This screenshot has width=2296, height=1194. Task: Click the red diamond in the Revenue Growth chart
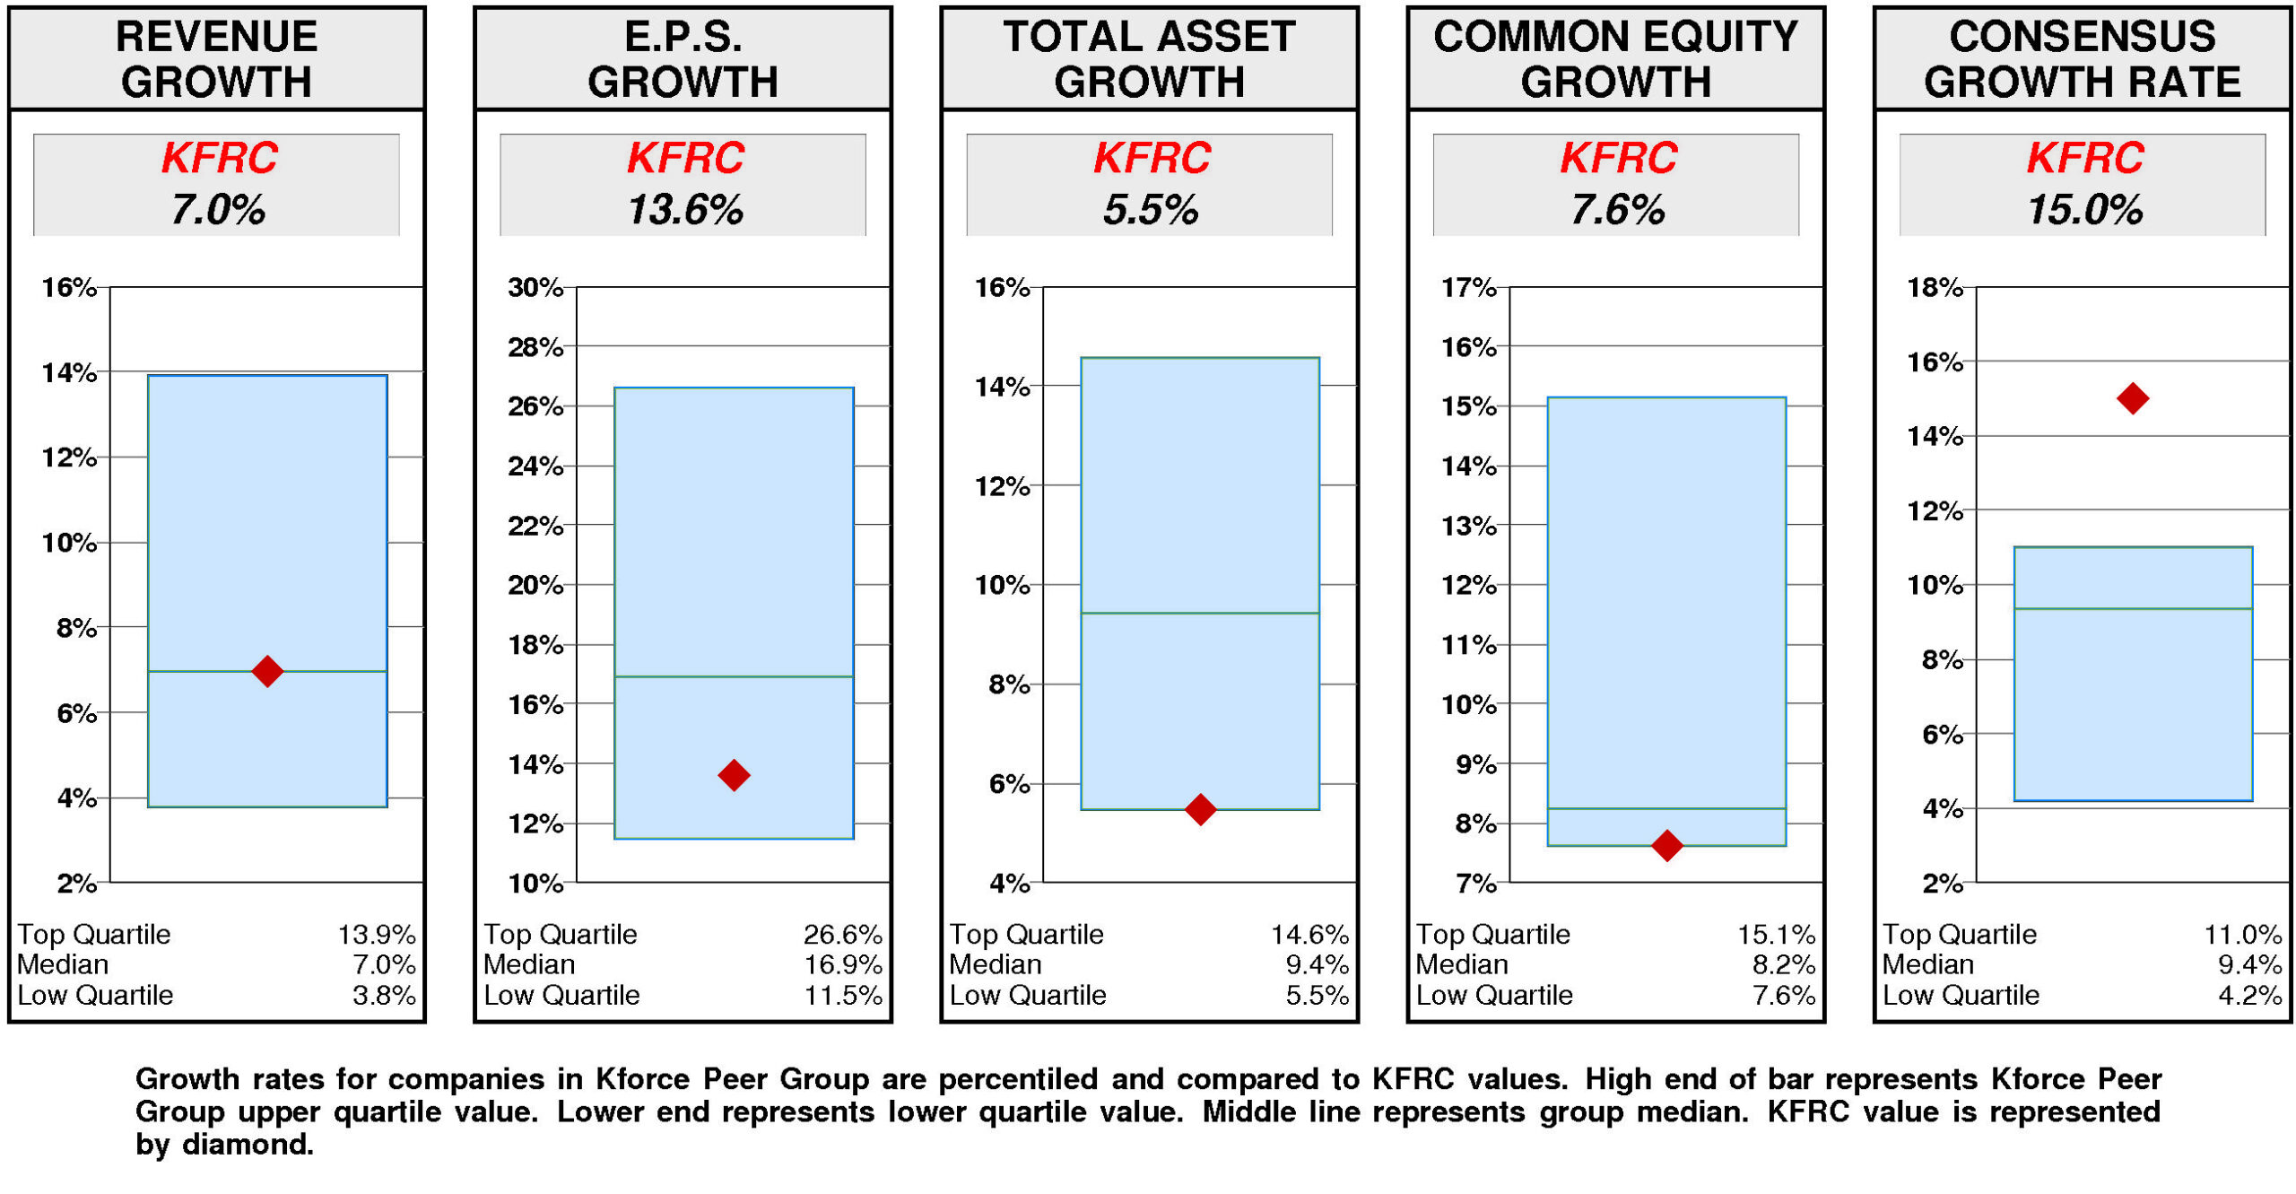click(267, 670)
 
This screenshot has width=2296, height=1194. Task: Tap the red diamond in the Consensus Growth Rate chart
click(2132, 398)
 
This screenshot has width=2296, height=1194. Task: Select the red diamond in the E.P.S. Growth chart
click(734, 775)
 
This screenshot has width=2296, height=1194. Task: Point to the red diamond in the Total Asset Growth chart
click(1200, 809)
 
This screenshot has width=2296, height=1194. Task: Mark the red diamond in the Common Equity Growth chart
click(1666, 845)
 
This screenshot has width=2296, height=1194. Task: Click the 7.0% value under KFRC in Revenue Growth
click(217, 211)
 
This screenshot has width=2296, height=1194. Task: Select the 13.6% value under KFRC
click(684, 211)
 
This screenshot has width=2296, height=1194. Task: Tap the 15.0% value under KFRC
click(2083, 211)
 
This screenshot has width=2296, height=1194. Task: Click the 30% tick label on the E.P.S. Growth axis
click(535, 288)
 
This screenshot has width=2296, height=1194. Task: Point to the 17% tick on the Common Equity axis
click(1468, 288)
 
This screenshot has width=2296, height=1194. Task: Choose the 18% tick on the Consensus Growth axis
click(1935, 288)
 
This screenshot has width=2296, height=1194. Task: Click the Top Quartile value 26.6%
click(842, 935)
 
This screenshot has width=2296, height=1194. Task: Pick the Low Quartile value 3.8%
click(383, 995)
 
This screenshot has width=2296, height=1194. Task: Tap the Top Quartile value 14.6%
click(1309, 935)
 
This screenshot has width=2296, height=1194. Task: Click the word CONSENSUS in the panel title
click(2082, 38)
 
